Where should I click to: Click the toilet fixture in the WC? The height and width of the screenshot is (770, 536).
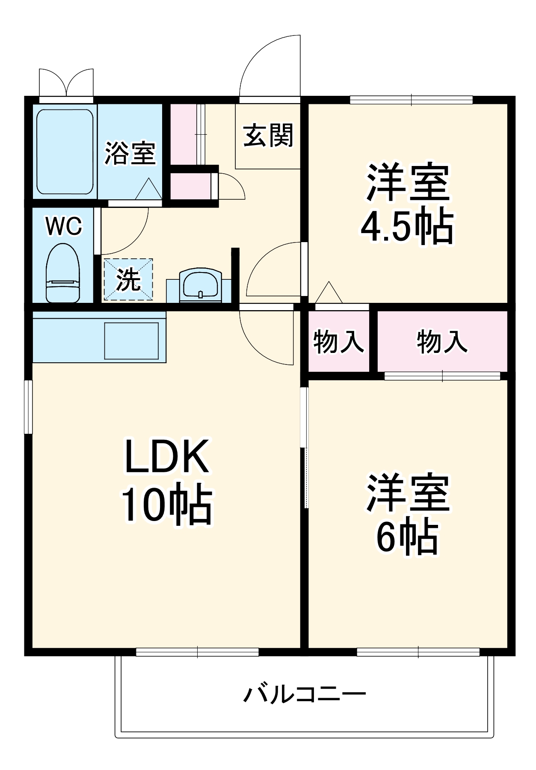pyautogui.click(x=62, y=274)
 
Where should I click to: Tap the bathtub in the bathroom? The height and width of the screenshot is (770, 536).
pyautogui.click(x=65, y=152)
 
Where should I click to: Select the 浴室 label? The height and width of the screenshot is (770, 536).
pyautogui.click(x=130, y=153)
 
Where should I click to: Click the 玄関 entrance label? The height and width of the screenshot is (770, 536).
pyautogui.click(x=268, y=136)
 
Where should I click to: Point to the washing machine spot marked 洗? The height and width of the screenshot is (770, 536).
pyautogui.click(x=128, y=280)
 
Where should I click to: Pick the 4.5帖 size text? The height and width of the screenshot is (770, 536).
pyautogui.click(x=406, y=225)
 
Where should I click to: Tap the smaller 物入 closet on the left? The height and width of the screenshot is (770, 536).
pyautogui.click(x=338, y=341)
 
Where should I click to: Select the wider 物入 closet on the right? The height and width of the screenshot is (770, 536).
pyautogui.click(x=442, y=341)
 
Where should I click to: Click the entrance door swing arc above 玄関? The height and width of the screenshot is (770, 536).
pyautogui.click(x=269, y=64)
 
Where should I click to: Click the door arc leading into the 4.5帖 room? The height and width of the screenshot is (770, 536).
pyautogui.click(x=274, y=269)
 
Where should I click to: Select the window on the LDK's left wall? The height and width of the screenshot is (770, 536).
pyautogui.click(x=28, y=406)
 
